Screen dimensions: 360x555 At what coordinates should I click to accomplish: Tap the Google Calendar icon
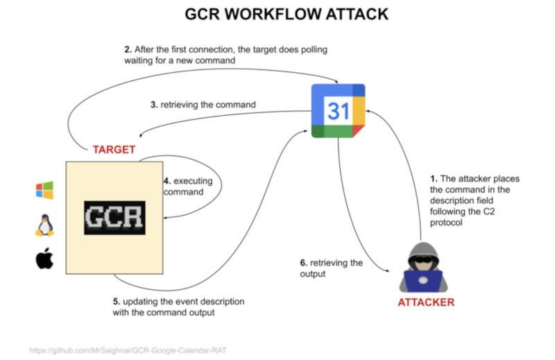click(x=338, y=110)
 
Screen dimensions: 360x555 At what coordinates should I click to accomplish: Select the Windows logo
click(x=44, y=190)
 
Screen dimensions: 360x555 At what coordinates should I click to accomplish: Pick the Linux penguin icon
click(x=44, y=225)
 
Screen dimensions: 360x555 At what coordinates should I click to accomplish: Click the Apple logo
click(x=44, y=260)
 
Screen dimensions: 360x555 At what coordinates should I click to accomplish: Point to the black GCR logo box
click(x=115, y=217)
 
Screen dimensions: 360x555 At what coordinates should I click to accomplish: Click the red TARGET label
click(x=114, y=149)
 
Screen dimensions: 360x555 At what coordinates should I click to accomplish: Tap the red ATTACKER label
click(x=427, y=302)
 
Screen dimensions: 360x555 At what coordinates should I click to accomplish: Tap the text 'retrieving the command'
click(x=208, y=105)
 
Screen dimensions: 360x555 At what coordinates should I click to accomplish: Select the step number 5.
click(x=116, y=302)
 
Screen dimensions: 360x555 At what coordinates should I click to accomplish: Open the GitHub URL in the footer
click(x=128, y=351)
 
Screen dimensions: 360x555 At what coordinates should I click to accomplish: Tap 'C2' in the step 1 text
click(x=490, y=213)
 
